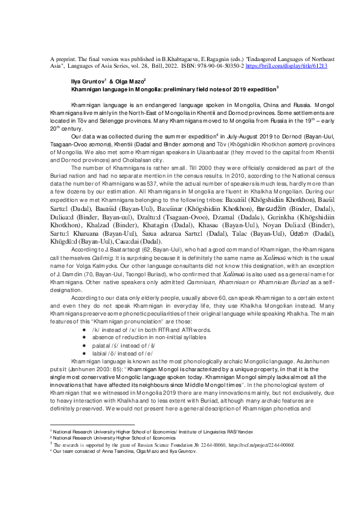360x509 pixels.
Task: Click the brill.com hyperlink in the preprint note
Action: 288,65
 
